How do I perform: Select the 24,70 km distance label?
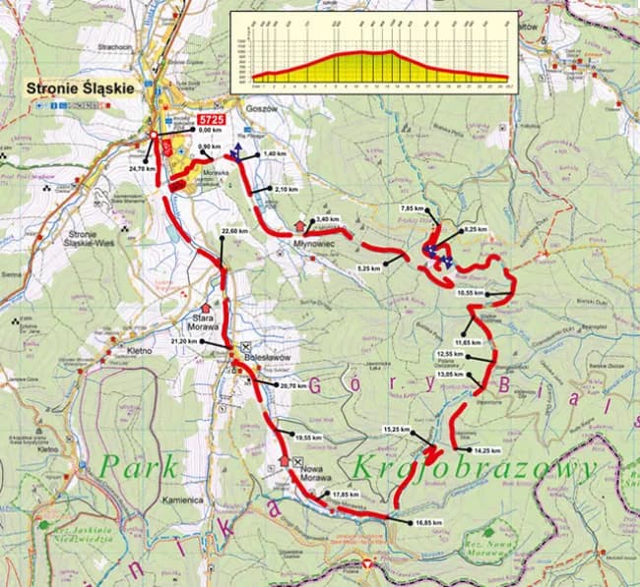(x=144, y=169)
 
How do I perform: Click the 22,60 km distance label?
(x=235, y=231)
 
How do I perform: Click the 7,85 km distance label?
(x=413, y=209)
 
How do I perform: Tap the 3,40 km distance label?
(x=330, y=219)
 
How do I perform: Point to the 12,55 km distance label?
(x=449, y=354)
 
